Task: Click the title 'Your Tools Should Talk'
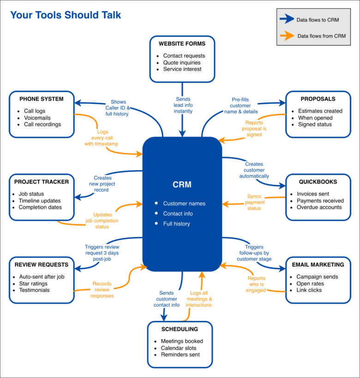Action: click(x=66, y=15)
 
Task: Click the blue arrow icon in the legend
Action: click(x=287, y=19)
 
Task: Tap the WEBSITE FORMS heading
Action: click(x=182, y=44)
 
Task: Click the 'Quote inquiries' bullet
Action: click(x=181, y=63)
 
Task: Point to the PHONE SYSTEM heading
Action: click(x=42, y=99)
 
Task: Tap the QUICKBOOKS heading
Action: click(x=318, y=182)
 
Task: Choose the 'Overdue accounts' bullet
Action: click(x=319, y=207)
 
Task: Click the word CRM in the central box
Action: click(x=182, y=185)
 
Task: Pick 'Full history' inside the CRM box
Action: click(x=176, y=224)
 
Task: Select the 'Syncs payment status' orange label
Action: click(x=255, y=202)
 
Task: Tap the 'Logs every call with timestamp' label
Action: click(x=102, y=138)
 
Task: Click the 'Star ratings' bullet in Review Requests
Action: click(x=33, y=283)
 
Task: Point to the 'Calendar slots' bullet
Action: click(x=178, y=348)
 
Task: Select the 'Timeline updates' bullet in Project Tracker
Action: click(x=40, y=201)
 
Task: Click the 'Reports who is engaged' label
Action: click(x=256, y=284)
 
